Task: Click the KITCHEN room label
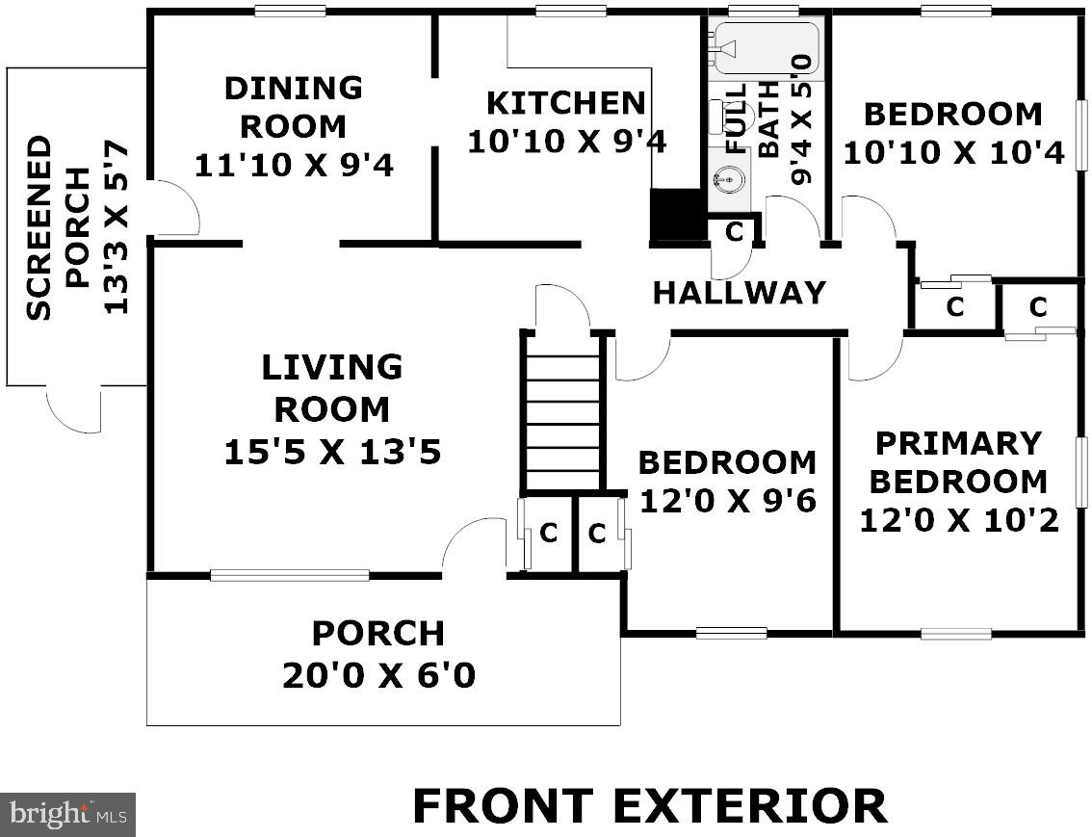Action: [x=565, y=103]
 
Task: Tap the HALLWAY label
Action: [x=739, y=293]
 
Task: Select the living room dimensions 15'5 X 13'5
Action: [x=332, y=452]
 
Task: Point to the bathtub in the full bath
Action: [x=767, y=48]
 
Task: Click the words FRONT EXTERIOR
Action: [x=650, y=806]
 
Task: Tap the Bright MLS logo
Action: [x=67, y=813]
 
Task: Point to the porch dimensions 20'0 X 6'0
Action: [x=378, y=675]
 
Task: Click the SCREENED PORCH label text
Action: [x=59, y=227]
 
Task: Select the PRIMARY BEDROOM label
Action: [x=958, y=462]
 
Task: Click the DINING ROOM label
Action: [x=293, y=107]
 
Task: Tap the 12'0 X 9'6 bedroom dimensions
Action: [x=727, y=500]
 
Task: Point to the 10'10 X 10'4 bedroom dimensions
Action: [x=953, y=152]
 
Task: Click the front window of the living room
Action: [x=290, y=575]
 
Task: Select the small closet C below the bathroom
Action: [x=734, y=231]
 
